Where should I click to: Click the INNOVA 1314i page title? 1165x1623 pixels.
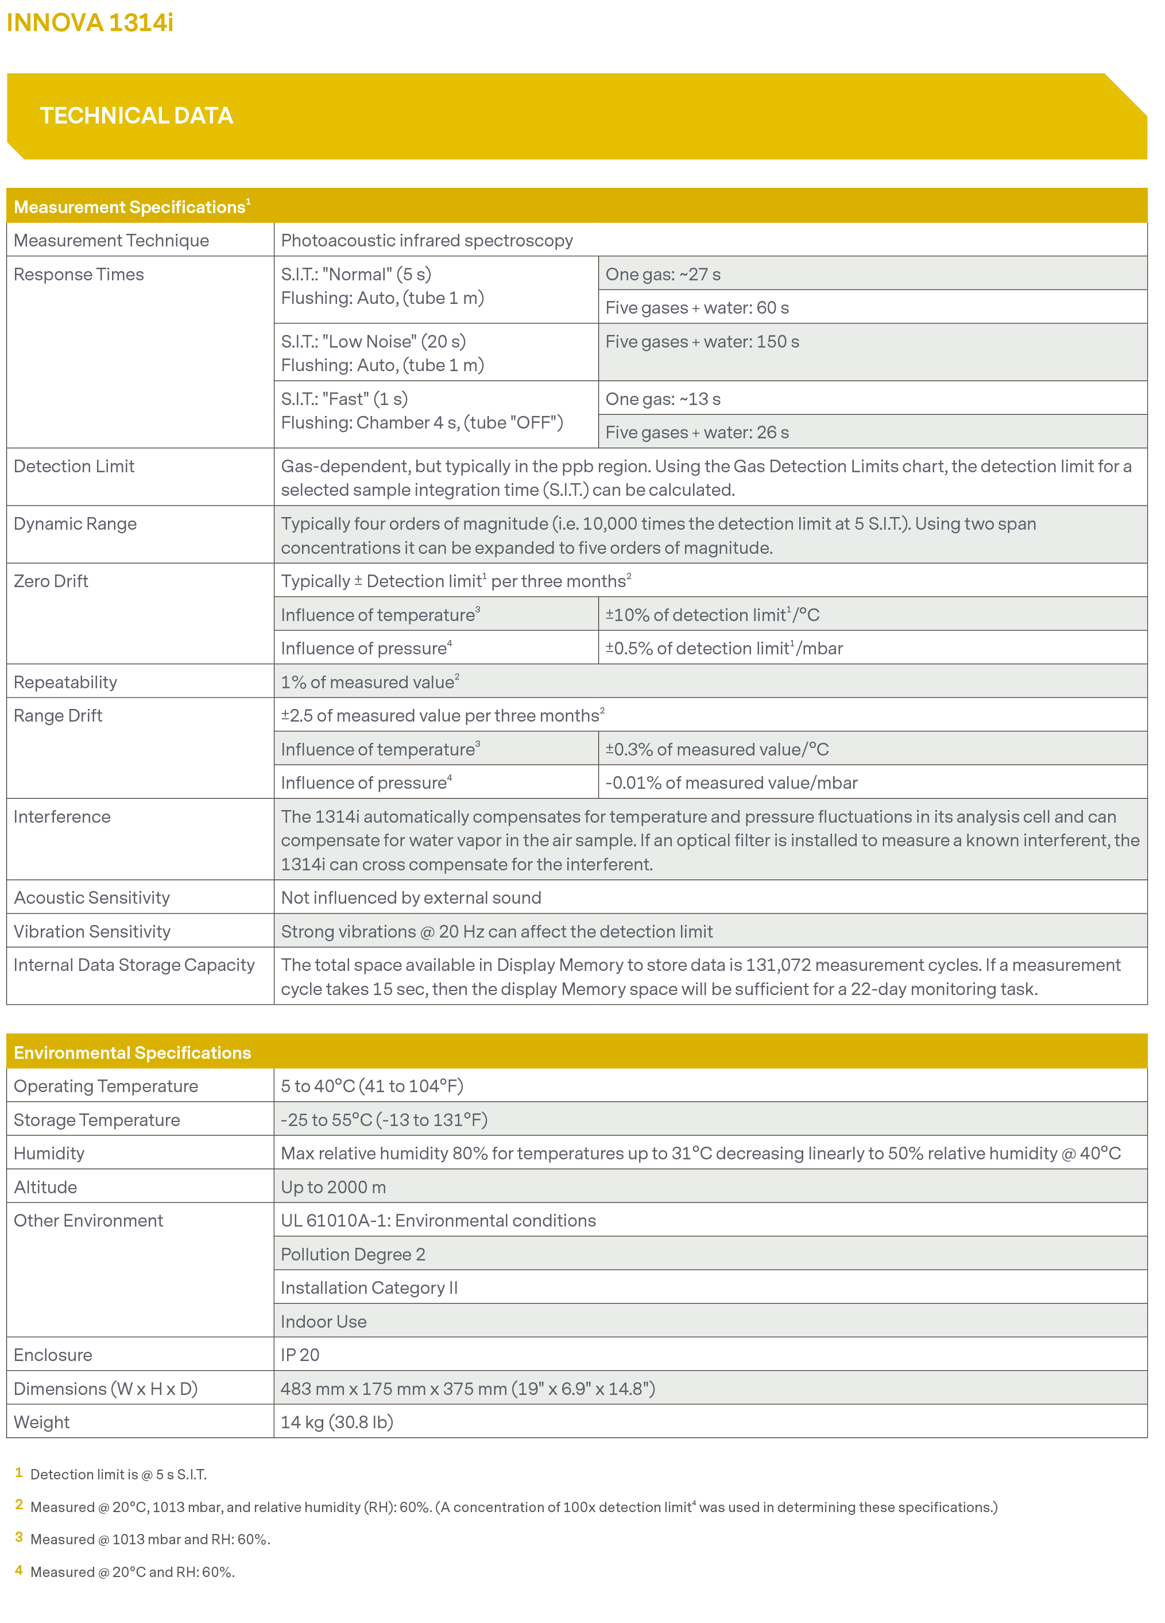point(90,23)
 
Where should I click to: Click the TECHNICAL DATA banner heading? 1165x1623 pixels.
point(136,116)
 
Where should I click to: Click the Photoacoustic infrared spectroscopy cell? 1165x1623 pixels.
point(427,241)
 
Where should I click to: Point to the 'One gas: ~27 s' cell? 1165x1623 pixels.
point(663,274)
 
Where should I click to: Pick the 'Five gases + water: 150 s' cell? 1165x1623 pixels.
point(702,341)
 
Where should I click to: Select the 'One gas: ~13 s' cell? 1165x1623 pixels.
point(663,399)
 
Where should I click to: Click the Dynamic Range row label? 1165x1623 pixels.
point(75,524)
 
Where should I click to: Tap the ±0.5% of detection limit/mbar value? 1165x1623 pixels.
point(723,649)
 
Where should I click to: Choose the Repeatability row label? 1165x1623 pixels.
point(65,682)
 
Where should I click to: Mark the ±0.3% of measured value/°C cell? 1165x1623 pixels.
point(717,749)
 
